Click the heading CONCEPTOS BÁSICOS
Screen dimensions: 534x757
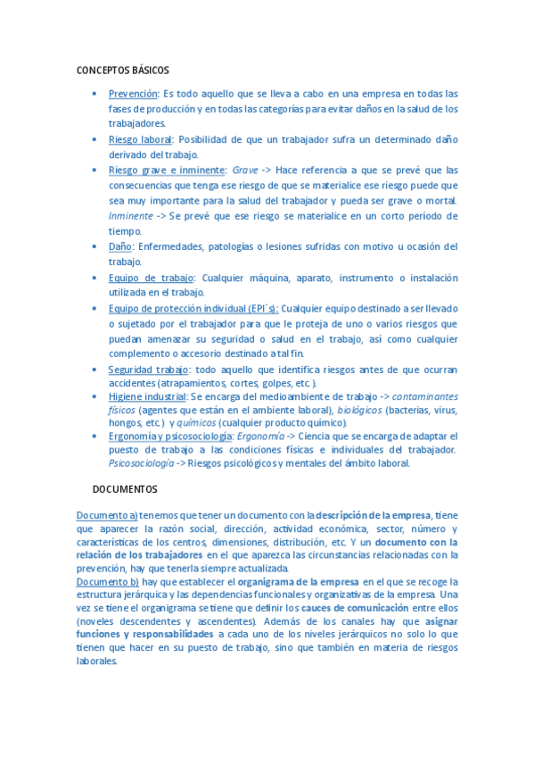122,70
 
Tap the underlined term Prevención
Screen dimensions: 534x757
133,94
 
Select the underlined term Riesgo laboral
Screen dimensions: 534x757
141,140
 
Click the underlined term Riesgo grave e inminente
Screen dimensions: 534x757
167,170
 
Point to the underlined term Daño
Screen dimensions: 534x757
120,246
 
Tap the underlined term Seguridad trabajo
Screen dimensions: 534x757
148,370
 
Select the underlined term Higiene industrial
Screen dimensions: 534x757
147,395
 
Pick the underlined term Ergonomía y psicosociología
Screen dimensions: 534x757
169,436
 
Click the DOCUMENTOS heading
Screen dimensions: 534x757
125,489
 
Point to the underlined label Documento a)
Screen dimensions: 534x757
107,515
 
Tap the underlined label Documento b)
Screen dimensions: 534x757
107,581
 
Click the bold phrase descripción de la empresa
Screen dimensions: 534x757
374,515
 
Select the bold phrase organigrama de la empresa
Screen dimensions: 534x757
298,581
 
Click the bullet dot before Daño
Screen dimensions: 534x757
95,246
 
